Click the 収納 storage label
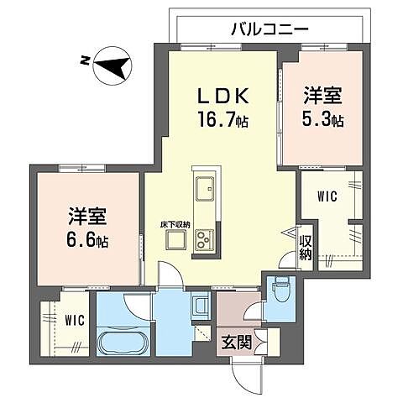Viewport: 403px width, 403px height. tap(307, 242)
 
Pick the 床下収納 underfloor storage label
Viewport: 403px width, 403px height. tap(175, 223)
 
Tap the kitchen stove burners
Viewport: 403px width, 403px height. tap(204, 240)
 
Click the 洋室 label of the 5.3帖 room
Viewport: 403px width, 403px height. tap(322, 96)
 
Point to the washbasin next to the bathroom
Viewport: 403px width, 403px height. tap(200, 305)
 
